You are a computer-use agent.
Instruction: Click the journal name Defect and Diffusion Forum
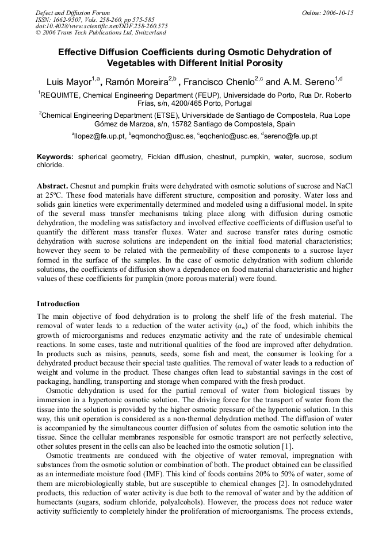(x=72, y=12)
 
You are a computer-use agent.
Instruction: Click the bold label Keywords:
(x=55, y=156)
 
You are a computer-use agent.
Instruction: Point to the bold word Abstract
(x=52, y=187)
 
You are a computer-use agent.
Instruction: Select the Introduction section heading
(x=58, y=303)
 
